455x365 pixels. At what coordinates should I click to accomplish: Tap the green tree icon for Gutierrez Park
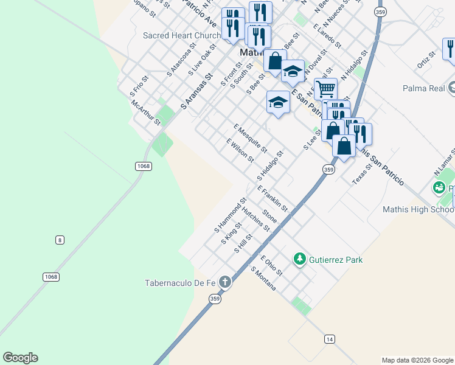tap(299, 260)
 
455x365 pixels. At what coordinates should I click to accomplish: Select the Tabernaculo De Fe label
tap(180, 282)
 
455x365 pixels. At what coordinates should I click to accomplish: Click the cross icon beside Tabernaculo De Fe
tap(225, 282)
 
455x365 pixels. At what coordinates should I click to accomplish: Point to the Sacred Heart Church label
tap(181, 35)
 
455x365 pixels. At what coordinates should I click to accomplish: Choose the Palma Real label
tap(424, 88)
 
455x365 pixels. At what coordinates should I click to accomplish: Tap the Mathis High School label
tap(419, 209)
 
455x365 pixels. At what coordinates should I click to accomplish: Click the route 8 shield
tap(59, 240)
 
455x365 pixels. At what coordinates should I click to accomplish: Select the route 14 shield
tap(329, 339)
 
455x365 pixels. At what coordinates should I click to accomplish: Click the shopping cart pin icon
tap(325, 89)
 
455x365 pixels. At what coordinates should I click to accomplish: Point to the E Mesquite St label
tap(250, 137)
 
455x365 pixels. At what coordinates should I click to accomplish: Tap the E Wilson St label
tap(240, 151)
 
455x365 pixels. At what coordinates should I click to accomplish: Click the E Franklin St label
tap(272, 199)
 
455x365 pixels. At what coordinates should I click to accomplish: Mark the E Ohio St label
tap(271, 265)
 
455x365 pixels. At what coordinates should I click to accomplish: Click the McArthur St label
tap(145, 113)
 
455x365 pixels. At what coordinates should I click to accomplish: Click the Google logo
tap(20, 358)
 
